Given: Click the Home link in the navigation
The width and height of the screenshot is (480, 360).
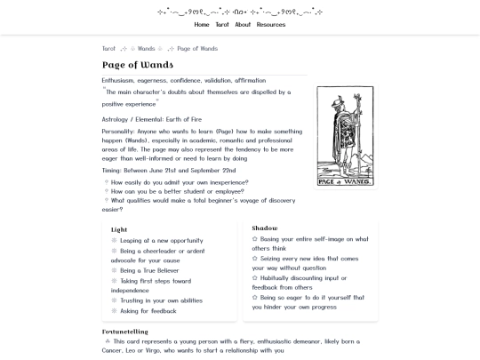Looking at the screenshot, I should (202, 25).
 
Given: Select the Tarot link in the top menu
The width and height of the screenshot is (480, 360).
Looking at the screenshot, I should (222, 25).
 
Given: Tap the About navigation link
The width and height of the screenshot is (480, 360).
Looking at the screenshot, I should (243, 25).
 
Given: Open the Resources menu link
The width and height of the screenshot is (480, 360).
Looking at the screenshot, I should (271, 25).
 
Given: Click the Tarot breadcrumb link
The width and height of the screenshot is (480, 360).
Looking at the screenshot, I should (108, 49).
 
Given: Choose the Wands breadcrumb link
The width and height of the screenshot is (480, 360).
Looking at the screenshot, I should (146, 49).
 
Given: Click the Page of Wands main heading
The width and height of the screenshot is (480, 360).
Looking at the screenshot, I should (137, 65).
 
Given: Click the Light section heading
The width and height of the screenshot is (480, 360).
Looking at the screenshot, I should (119, 229).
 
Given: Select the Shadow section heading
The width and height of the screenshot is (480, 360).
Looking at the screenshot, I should (265, 228).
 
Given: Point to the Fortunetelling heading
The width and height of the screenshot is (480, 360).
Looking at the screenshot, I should (131, 332).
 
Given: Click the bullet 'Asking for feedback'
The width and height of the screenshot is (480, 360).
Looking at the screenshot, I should (148, 311).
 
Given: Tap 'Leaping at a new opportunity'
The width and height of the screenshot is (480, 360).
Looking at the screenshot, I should (162, 240).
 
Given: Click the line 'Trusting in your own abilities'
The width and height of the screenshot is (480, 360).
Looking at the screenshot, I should (161, 300).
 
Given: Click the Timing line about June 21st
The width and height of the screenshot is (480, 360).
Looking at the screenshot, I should (169, 170).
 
